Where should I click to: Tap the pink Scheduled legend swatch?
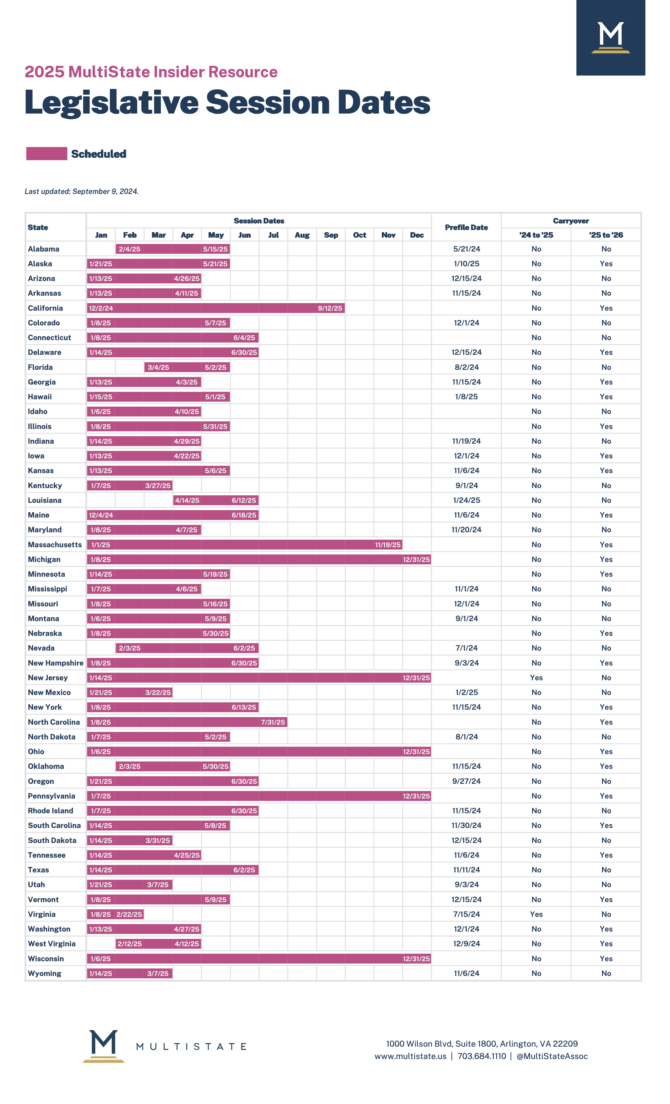[47, 154]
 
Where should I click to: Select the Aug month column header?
[302, 235]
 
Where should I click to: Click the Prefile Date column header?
[466, 228]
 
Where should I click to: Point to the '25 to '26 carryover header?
[606, 235]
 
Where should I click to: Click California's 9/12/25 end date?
[330, 308]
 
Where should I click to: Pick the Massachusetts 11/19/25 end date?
[388, 545]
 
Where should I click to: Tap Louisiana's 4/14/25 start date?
[187, 500]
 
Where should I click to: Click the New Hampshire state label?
[55, 663]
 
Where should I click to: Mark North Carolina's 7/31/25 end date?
[273, 722]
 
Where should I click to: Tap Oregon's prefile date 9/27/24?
[466, 781]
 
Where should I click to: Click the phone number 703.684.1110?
[481, 1056]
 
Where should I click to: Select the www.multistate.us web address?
[411, 1056]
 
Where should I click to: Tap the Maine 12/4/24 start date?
[101, 515]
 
